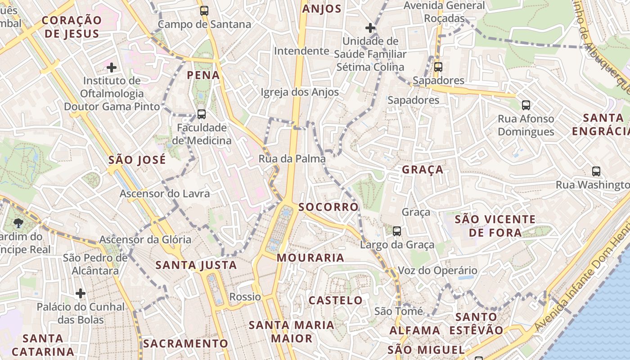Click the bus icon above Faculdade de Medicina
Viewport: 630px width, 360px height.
click(x=202, y=114)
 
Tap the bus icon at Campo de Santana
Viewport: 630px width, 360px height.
click(x=204, y=11)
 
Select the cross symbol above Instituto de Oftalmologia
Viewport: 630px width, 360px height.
click(x=112, y=67)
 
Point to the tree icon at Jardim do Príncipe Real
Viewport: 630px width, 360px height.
click(x=18, y=222)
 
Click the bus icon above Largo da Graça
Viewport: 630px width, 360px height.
click(x=396, y=231)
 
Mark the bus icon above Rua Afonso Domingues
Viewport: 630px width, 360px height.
click(x=526, y=105)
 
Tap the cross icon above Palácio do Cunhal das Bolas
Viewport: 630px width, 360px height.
click(x=81, y=293)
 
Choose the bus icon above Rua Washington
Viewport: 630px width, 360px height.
click(x=596, y=171)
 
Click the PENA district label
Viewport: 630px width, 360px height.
click(x=203, y=75)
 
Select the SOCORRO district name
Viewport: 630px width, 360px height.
click(x=328, y=207)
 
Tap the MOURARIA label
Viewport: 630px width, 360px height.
click(x=310, y=258)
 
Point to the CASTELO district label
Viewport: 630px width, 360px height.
click(x=335, y=300)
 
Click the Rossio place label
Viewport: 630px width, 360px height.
click(x=245, y=297)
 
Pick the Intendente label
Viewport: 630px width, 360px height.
click(x=301, y=51)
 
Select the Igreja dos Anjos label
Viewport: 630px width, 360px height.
click(x=300, y=92)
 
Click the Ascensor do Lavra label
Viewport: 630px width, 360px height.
click(x=165, y=194)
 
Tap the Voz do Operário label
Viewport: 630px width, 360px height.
click(x=437, y=270)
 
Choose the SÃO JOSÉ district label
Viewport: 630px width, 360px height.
click(x=137, y=160)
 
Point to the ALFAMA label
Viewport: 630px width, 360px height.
click(x=414, y=330)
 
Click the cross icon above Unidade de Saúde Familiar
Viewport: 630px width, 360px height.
click(x=370, y=28)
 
